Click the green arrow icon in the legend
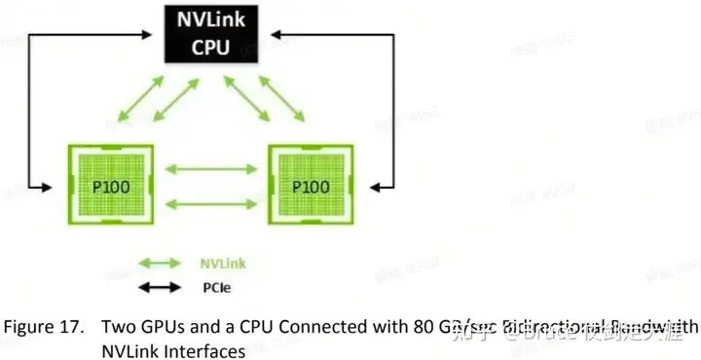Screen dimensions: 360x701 (160, 263)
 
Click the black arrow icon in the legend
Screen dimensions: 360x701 (160, 287)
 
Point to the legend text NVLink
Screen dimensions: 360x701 (222, 263)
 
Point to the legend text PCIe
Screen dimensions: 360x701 (216, 287)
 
